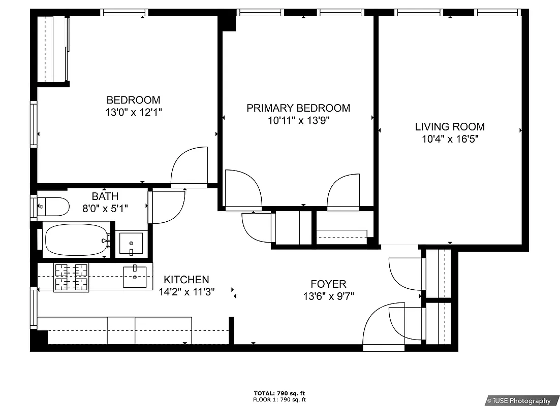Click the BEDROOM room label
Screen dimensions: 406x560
133,100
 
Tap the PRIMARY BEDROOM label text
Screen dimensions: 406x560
298,108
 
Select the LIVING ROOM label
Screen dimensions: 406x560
450,127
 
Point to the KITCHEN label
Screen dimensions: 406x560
186,280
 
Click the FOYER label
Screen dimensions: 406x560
328,284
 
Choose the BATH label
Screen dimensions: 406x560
105,196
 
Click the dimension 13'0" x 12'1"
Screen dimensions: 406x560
133,113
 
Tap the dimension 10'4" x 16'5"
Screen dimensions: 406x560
450,140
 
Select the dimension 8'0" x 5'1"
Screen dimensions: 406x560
105,208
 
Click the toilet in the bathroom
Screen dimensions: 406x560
53,206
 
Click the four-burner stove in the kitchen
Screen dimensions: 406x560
71,277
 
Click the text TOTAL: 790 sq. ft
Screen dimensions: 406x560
279,393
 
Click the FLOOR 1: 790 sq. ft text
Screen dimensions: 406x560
279,399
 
